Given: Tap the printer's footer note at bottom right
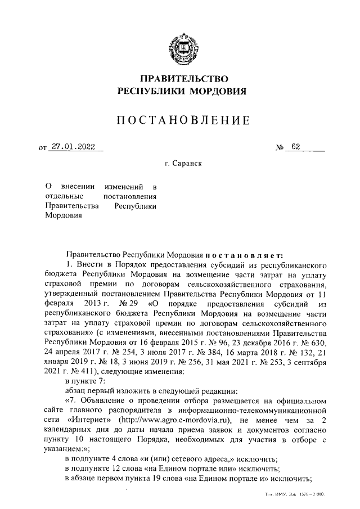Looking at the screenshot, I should coord(296,494).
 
